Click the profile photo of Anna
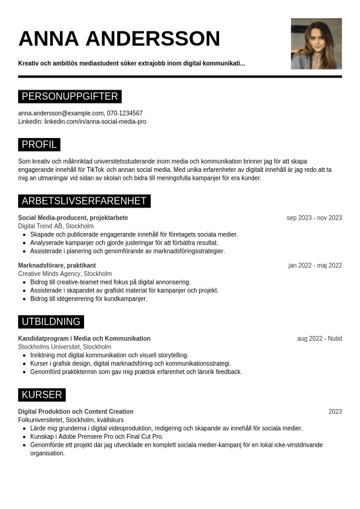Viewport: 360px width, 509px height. click(x=316, y=44)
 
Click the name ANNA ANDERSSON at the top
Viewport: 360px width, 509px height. click(x=119, y=39)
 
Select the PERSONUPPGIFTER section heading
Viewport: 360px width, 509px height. click(x=70, y=97)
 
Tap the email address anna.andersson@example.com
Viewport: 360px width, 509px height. click(x=61, y=113)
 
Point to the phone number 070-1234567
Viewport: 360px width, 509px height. click(x=125, y=113)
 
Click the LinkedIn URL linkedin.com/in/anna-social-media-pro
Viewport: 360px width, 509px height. click(x=95, y=122)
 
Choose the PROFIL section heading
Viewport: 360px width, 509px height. click(x=39, y=145)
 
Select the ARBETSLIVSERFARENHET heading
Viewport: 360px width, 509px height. click(x=84, y=201)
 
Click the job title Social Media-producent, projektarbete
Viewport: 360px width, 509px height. click(x=73, y=218)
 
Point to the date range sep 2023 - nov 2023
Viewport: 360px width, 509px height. click(x=314, y=218)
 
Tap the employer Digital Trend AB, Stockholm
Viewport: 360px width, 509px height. click(x=56, y=226)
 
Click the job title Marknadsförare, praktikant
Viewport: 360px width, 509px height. click(x=57, y=266)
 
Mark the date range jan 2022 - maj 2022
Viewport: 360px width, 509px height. click(x=315, y=266)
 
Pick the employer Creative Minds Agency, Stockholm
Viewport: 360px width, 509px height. click(x=65, y=274)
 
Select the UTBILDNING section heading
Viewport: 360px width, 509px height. click(x=51, y=322)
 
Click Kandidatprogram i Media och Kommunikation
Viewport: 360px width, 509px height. click(x=84, y=339)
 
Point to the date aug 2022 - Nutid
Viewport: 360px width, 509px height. click(x=319, y=339)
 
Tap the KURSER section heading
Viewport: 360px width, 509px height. click(x=42, y=395)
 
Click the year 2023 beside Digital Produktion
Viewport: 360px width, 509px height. click(x=335, y=412)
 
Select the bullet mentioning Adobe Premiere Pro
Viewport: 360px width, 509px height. click(x=97, y=436)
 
